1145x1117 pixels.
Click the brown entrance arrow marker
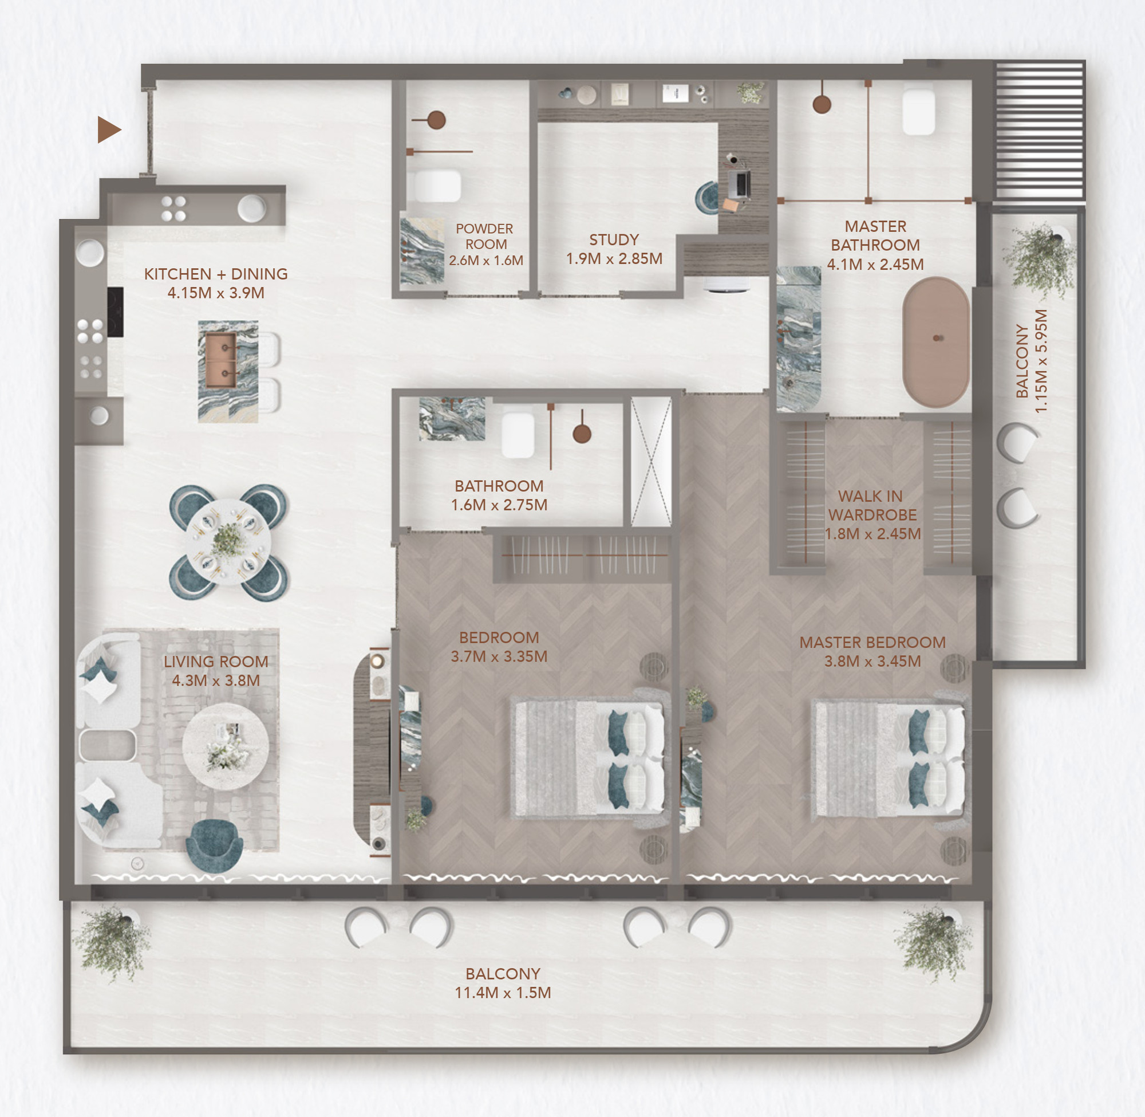click(x=108, y=129)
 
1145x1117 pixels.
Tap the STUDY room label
click(x=614, y=240)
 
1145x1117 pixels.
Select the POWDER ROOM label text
click(x=485, y=237)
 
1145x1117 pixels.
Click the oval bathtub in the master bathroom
click(x=935, y=342)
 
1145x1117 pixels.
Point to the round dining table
click(x=228, y=541)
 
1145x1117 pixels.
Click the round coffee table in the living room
click(x=226, y=747)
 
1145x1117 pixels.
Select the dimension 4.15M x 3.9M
click(x=216, y=293)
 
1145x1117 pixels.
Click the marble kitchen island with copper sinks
click(x=228, y=371)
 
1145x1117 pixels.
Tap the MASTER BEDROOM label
click(x=872, y=642)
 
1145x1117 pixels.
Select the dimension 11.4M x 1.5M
click(x=503, y=993)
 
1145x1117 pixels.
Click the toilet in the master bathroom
click(x=918, y=109)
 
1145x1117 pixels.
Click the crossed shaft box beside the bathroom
click(x=651, y=462)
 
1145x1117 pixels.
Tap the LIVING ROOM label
click(x=216, y=662)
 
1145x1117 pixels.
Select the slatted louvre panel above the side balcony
click(x=1040, y=130)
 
